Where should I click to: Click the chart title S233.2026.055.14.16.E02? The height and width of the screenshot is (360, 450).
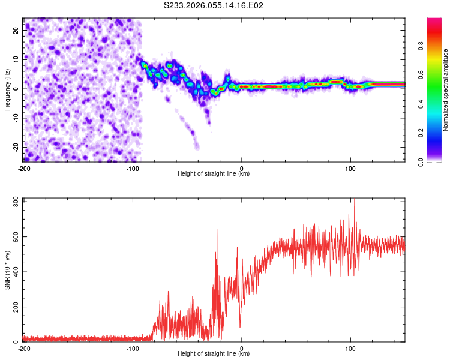[x=214, y=6]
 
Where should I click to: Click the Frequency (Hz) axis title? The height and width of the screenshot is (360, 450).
[x=7, y=90]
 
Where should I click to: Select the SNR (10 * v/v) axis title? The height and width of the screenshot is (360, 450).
[x=7, y=271]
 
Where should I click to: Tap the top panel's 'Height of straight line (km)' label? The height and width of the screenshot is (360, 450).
[x=214, y=174]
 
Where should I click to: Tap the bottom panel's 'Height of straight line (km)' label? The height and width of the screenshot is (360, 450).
[x=214, y=354]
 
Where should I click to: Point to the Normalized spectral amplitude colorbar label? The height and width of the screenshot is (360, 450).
[x=446, y=90]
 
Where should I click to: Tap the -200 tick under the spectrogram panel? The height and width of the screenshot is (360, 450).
[x=24, y=169]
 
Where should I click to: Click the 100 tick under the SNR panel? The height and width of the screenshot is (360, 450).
[x=351, y=348]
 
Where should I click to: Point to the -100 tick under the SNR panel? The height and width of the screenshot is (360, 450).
[x=133, y=348]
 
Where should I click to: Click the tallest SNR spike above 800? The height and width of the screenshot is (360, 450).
[x=354, y=200]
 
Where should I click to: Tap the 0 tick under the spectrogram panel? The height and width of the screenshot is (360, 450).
[x=242, y=169]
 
